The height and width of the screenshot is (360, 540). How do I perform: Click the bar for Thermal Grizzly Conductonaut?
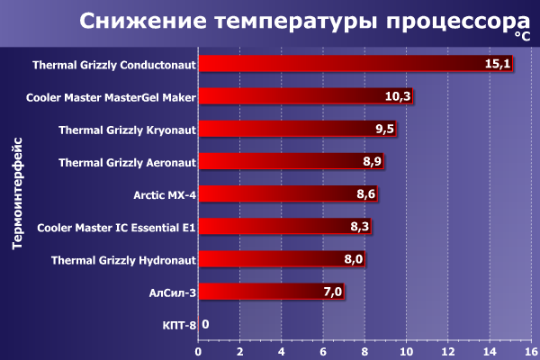tap(355, 64)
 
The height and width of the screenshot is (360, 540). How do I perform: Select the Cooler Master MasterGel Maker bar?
tap(306, 96)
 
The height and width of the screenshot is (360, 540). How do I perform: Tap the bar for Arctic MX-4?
tap(288, 193)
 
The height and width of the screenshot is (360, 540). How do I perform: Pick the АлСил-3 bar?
tap(270, 292)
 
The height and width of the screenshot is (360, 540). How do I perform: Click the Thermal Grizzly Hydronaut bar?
tap(282, 259)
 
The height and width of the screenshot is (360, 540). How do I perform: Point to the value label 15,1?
tap(498, 64)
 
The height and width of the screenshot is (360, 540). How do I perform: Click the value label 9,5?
tap(385, 130)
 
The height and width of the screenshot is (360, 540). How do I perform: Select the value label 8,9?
tap(373, 162)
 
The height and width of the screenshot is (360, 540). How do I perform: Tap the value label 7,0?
tap(332, 292)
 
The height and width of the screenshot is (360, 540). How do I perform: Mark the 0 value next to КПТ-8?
tap(205, 324)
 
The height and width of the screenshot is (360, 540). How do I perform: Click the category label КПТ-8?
tap(179, 324)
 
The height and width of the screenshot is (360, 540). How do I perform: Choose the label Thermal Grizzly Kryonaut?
tap(127, 130)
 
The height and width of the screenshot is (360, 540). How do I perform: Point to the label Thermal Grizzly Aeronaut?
tap(127, 162)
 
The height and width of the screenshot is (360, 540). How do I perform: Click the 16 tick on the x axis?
tap(531, 350)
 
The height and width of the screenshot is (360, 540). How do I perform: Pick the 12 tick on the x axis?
tap(447, 350)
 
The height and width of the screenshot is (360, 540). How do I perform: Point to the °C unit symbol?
tap(523, 36)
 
